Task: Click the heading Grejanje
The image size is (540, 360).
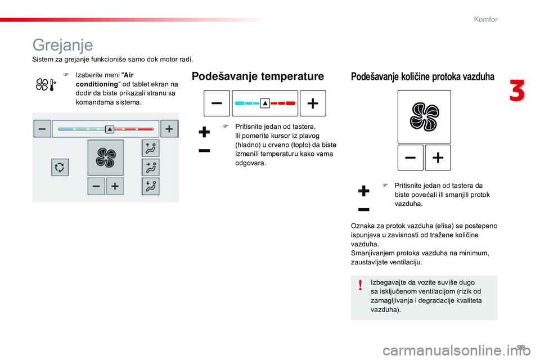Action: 63,44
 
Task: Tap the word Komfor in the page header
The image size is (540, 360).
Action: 485,19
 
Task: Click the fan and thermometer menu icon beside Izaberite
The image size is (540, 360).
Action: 45,85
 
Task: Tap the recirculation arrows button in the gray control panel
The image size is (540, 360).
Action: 60,168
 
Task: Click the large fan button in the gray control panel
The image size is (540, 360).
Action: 105,157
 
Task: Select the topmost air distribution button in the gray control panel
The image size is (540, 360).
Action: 150,148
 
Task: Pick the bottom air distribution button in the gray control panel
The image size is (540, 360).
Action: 150,186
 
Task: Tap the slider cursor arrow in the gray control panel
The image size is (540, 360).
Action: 110,129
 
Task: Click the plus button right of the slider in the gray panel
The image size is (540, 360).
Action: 169,129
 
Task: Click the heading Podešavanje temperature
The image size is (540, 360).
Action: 258,76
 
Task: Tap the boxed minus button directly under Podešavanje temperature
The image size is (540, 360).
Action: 217,103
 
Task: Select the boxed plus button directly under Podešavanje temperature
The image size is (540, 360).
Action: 313,103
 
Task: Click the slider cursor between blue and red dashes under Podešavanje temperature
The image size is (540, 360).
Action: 265,103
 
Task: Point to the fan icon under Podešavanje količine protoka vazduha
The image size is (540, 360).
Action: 424,116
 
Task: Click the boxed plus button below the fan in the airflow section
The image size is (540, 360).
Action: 438,158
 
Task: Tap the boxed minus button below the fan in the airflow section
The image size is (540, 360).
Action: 411,158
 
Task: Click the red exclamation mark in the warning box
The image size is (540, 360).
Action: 360,287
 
